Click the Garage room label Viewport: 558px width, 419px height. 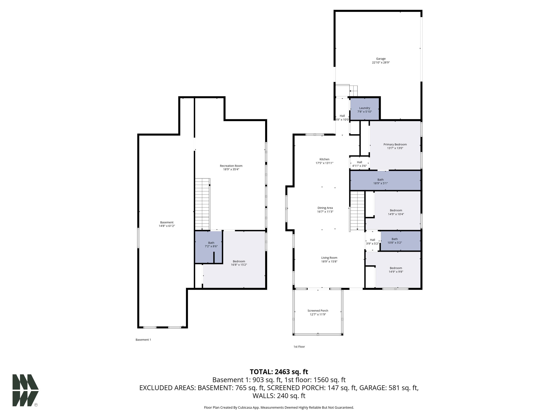tap(381, 59)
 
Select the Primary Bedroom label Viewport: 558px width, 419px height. tap(395, 144)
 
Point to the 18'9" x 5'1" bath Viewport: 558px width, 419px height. tap(385, 181)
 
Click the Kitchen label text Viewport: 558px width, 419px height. tap(324, 159)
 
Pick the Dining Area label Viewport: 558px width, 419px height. tap(325, 208)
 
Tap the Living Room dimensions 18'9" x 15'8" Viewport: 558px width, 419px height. tap(329, 261)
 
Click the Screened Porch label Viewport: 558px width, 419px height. tap(318, 311)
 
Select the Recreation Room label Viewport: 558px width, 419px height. tap(231, 166)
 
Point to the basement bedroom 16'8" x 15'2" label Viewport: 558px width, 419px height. tap(239, 263)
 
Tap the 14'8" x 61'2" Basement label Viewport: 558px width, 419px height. tap(167, 224)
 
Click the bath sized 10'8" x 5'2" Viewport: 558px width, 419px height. tap(401, 241)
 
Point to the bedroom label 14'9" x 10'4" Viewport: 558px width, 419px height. tap(396, 212)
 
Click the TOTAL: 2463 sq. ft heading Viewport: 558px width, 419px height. tap(279, 372)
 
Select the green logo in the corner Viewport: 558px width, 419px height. tap(25, 390)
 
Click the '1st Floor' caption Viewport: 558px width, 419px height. tap(299, 347)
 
